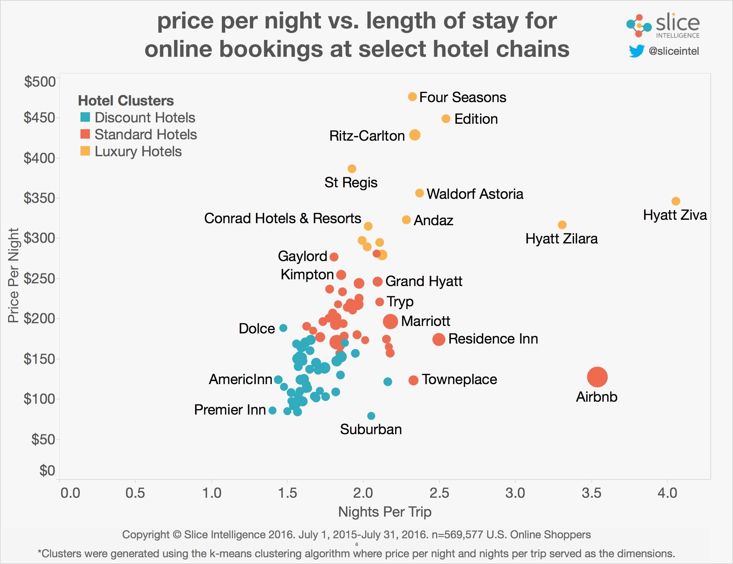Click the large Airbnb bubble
tap(597, 377)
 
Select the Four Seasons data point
tap(412, 97)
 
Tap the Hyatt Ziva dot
tap(676, 201)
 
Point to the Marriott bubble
tap(390, 321)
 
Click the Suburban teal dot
tap(371, 416)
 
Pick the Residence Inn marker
tap(439, 339)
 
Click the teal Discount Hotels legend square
tap(85, 117)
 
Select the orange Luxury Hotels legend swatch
tap(85, 151)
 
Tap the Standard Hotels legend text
tap(145, 135)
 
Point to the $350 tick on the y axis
tap(40, 198)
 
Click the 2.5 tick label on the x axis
tap(439, 493)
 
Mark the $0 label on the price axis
tap(47, 470)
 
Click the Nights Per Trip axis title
tap(385, 512)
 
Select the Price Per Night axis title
tap(13, 276)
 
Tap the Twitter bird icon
tap(636, 51)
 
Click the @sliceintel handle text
tap(674, 51)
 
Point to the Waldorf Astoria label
tap(475, 194)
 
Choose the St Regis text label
tap(351, 183)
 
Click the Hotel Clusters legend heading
tap(126, 100)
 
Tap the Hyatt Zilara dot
tap(562, 225)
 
